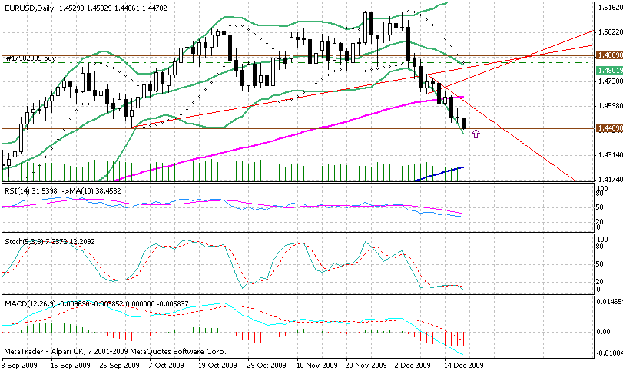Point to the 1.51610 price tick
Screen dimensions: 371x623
click(x=608, y=7)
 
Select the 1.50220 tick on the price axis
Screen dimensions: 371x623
click(x=608, y=31)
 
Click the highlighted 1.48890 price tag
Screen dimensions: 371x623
click(x=608, y=56)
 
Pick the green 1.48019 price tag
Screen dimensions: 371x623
click(x=608, y=71)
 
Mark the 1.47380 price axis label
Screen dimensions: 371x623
click(x=608, y=81)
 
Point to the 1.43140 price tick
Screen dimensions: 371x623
click(x=608, y=154)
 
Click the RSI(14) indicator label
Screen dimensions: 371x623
click(x=18, y=190)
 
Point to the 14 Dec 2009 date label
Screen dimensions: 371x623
click(x=465, y=365)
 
